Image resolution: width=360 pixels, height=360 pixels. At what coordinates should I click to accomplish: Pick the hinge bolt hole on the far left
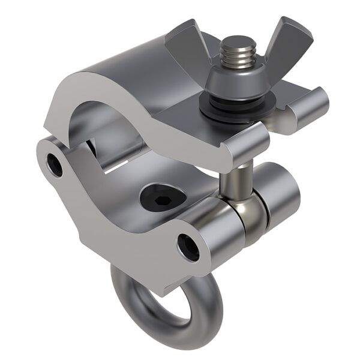pos(53,165)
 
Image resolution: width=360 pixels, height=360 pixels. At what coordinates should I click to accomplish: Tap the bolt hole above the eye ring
pos(188,247)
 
